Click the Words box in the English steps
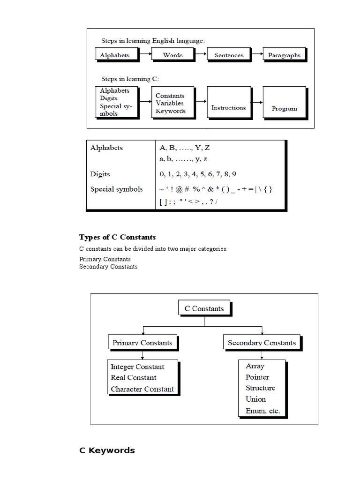tap(172, 55)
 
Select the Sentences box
tap(229, 55)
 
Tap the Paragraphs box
tap(284, 55)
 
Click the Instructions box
tap(228, 107)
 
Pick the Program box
tap(284, 108)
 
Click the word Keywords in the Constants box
tap(171, 111)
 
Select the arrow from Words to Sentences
tap(200, 54)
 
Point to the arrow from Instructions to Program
tap(256, 102)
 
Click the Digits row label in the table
tap(100, 174)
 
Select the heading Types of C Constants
tap(117, 237)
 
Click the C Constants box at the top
tap(204, 308)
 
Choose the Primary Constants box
tap(142, 343)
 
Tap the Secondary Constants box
tap(262, 343)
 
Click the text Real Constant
tap(134, 377)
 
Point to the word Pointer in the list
tap(257, 377)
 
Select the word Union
tap(255, 399)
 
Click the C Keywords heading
tap(107, 450)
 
